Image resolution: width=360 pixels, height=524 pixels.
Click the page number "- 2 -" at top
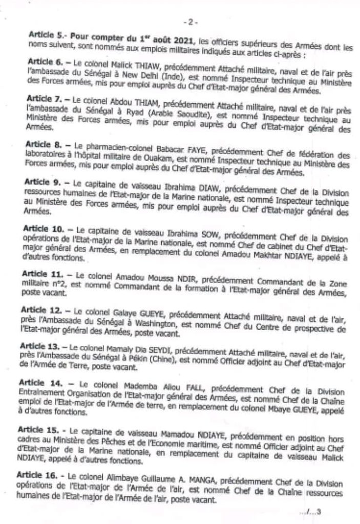pos(190,23)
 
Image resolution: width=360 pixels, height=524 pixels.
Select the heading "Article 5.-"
pos(47,37)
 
